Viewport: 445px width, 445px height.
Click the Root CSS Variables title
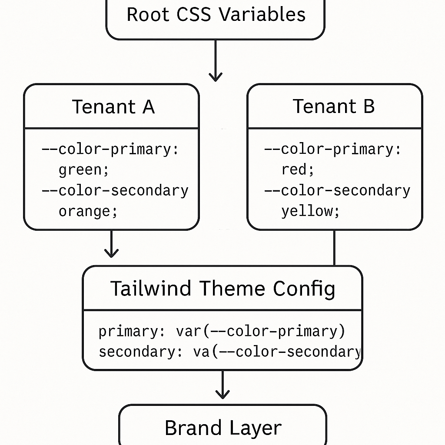tap(216, 14)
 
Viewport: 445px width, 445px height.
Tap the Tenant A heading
tap(113, 106)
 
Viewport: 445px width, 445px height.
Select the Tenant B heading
tap(333, 106)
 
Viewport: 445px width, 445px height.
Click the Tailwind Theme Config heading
tap(222, 289)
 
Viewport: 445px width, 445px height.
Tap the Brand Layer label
tap(223, 428)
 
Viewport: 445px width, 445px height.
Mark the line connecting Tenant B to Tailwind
tap(334, 248)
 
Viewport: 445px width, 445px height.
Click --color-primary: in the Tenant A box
tap(110, 149)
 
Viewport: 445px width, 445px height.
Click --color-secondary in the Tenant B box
tap(337, 191)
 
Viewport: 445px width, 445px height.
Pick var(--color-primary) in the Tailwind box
tap(260, 332)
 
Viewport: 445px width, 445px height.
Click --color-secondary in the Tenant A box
tap(115, 191)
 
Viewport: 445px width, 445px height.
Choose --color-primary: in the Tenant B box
tap(333, 149)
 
